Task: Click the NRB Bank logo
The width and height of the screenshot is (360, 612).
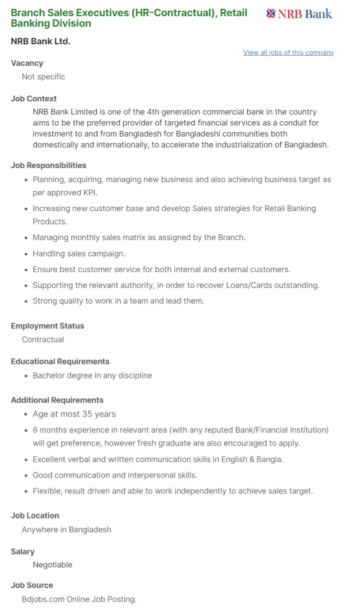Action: click(299, 14)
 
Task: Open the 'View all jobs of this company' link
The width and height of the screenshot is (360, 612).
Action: click(288, 53)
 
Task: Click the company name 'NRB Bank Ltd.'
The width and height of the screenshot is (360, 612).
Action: click(40, 42)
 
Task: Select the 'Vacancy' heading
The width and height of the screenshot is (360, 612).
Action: click(27, 63)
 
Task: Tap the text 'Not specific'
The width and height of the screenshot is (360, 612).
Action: click(43, 77)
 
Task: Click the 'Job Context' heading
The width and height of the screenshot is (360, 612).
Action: click(34, 99)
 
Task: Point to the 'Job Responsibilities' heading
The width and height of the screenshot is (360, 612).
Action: click(48, 166)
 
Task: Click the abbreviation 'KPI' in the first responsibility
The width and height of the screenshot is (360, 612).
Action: click(90, 193)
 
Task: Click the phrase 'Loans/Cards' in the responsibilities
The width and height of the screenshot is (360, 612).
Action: click(249, 285)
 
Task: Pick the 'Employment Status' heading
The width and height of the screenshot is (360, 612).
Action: click(47, 326)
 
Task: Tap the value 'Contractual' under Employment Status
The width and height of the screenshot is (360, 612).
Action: click(43, 340)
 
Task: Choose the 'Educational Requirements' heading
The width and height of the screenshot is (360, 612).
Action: click(60, 362)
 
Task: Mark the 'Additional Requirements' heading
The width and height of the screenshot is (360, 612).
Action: click(57, 400)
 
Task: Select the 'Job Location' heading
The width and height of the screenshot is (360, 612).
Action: click(35, 516)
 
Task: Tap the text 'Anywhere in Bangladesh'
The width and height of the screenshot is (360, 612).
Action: click(66, 530)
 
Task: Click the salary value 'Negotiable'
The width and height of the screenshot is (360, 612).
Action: click(52, 565)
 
